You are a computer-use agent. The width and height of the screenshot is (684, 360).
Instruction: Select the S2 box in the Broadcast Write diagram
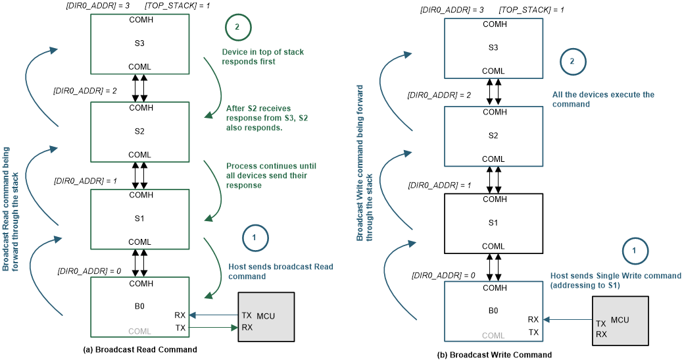coord(494,134)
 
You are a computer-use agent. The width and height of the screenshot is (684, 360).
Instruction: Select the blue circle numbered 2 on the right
coord(572,62)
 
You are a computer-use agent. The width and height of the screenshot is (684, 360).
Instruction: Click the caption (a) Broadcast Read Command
coord(140,349)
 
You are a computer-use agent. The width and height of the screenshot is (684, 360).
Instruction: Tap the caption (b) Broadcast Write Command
coord(495,355)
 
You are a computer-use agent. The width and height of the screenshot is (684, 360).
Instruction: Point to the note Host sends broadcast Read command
coord(281,272)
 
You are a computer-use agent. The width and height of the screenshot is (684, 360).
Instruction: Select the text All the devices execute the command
coord(603,99)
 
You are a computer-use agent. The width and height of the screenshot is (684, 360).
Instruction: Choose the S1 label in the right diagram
coord(494,223)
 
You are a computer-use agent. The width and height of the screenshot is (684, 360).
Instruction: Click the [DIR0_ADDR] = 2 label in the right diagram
coord(439,95)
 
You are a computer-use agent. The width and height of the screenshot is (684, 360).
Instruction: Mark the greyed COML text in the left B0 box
coord(140,330)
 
